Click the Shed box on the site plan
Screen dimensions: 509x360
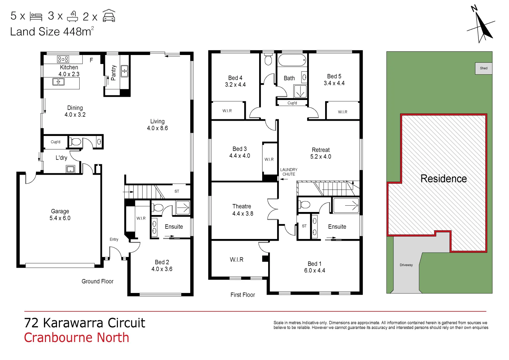[x=484, y=68]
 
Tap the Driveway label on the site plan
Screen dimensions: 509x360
[x=406, y=265]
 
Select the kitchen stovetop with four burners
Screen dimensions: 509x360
[x=63, y=59]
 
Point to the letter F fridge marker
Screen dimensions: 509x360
[x=91, y=60]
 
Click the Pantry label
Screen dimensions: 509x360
[x=113, y=73]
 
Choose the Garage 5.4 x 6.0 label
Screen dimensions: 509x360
[x=60, y=215]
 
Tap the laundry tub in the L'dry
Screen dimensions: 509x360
[x=70, y=169]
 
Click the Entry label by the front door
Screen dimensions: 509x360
[x=114, y=239]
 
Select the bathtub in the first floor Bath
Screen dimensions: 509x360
[x=292, y=60]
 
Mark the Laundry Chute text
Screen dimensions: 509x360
[x=288, y=172]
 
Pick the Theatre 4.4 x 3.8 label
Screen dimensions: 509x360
[x=242, y=210]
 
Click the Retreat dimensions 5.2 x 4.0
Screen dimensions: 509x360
[x=321, y=157]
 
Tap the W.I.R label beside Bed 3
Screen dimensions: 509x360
[x=269, y=159]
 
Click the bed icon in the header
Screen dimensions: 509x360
[x=36, y=17]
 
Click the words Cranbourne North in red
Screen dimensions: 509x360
[x=77, y=337]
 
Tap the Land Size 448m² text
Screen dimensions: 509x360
[x=52, y=31]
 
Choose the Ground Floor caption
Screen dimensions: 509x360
[x=98, y=281]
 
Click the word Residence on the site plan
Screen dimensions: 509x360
[x=444, y=179]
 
